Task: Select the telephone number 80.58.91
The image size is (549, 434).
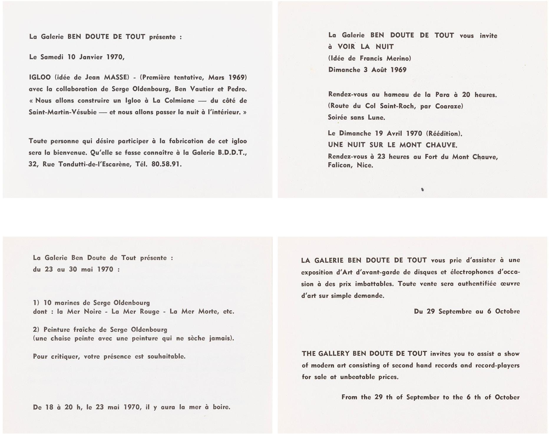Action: click(x=165, y=164)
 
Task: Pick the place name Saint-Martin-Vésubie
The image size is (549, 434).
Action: click(x=63, y=112)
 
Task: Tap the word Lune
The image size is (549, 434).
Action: click(x=376, y=117)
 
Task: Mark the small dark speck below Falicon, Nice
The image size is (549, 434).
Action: click(x=423, y=190)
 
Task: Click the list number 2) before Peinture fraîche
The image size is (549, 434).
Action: click(x=36, y=330)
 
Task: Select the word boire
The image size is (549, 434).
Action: click(x=221, y=407)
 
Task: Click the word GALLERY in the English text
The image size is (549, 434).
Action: click(x=333, y=354)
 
